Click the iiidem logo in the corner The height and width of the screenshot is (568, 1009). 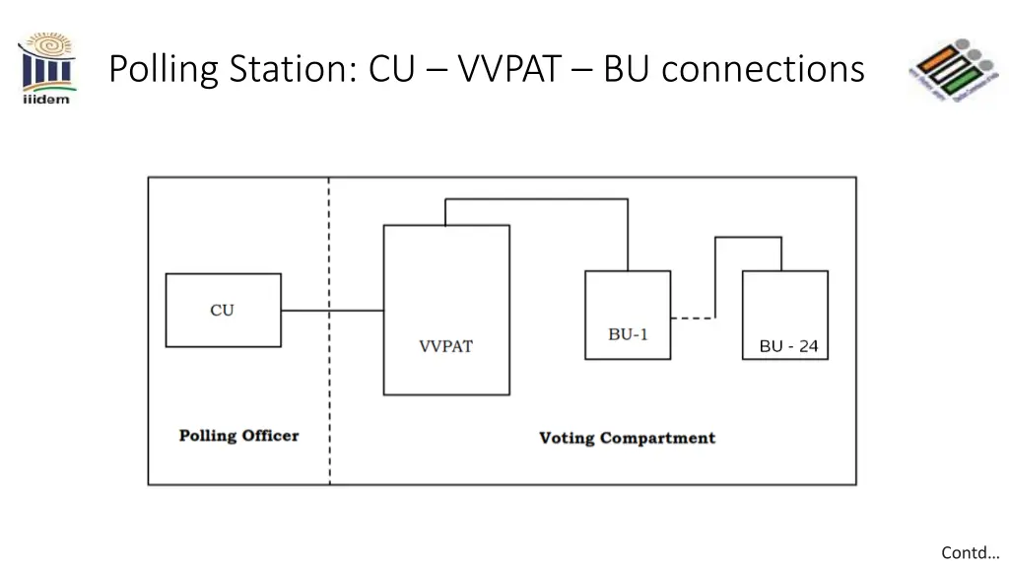pos(46,69)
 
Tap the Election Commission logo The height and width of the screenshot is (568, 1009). pos(951,70)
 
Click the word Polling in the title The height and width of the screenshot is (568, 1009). pos(163,69)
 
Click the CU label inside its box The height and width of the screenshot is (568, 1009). pos(222,310)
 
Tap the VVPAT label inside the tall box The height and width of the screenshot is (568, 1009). pos(445,346)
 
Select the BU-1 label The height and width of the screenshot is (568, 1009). pos(628,334)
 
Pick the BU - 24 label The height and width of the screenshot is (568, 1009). pos(788,346)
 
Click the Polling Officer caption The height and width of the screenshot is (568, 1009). pos(238,436)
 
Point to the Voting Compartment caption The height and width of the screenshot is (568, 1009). pos(627,438)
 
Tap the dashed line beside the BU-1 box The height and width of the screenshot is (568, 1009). pos(693,318)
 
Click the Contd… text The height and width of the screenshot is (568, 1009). pos(970,552)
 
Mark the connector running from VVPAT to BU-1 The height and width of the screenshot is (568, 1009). pos(537,199)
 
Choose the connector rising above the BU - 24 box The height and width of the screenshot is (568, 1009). pos(748,238)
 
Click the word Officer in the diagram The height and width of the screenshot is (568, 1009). pos(268,436)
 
